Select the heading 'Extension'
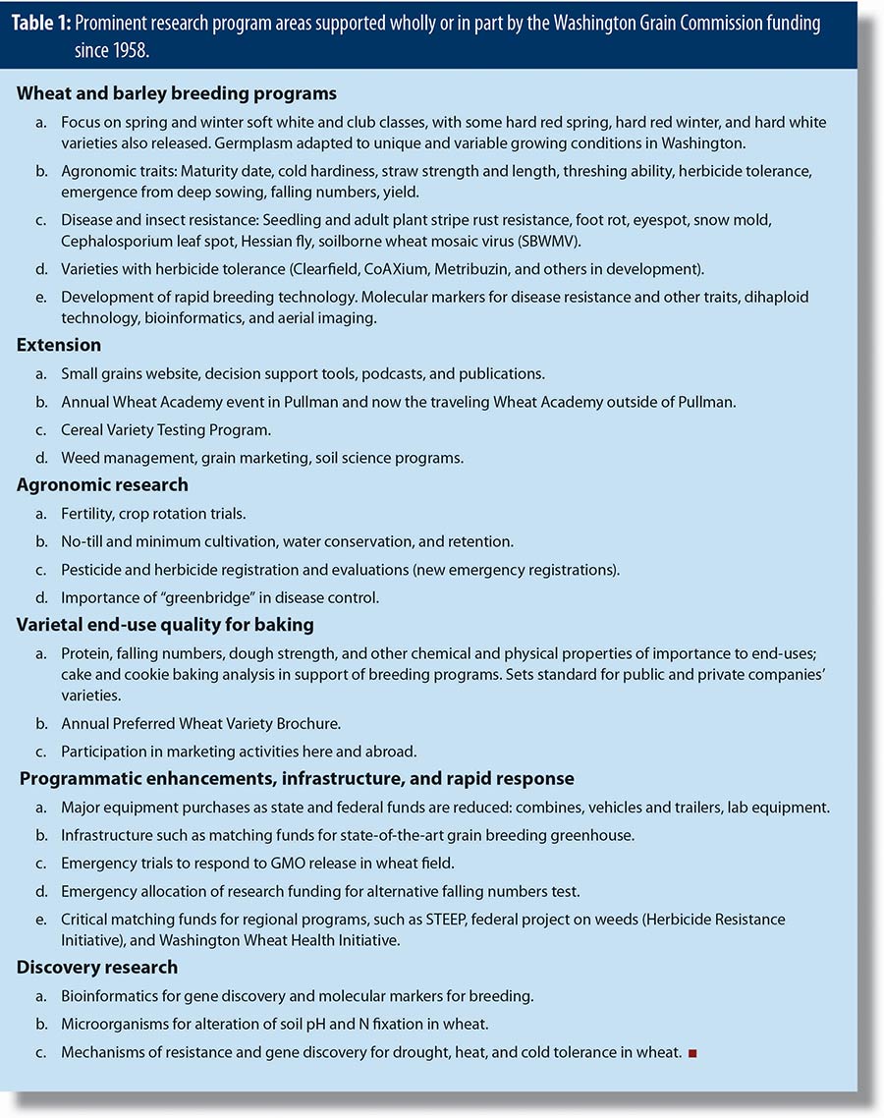(x=58, y=346)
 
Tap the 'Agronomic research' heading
(x=102, y=484)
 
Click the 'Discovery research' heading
(x=97, y=968)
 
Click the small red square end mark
(x=692, y=1053)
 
